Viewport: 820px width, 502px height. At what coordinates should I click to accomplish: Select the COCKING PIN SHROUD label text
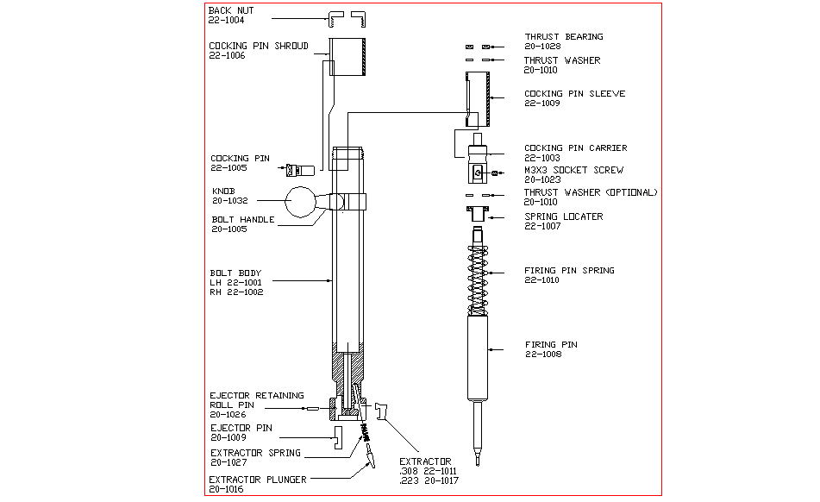click(258, 46)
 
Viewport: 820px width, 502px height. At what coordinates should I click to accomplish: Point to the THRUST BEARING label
click(563, 37)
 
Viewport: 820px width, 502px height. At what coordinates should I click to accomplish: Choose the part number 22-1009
click(542, 104)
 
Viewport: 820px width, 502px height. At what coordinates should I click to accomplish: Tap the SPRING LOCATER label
click(563, 216)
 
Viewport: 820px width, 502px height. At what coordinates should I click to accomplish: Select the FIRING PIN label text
click(551, 345)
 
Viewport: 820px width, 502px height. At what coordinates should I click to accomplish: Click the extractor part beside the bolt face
click(384, 413)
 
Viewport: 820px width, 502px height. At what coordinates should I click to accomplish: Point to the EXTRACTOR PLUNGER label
click(257, 480)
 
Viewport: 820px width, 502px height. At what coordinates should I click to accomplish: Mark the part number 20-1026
click(227, 414)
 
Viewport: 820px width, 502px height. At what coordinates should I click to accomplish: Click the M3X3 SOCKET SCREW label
click(573, 171)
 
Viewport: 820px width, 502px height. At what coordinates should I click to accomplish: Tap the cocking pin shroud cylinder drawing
click(348, 57)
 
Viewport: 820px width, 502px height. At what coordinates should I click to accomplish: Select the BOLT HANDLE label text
click(243, 220)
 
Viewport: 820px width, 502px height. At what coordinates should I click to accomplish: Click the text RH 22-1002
click(236, 292)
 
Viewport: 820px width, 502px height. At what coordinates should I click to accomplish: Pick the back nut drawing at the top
click(348, 17)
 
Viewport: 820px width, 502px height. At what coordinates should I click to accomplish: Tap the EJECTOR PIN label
click(242, 428)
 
